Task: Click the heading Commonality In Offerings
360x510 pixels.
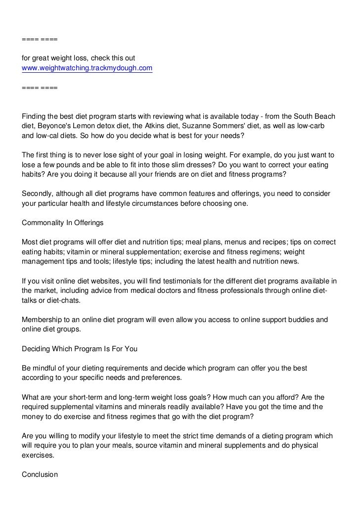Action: (63, 223)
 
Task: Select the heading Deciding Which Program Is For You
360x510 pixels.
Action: (80, 348)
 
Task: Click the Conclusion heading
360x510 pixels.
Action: (40, 474)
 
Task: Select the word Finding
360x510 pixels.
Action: (35, 117)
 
